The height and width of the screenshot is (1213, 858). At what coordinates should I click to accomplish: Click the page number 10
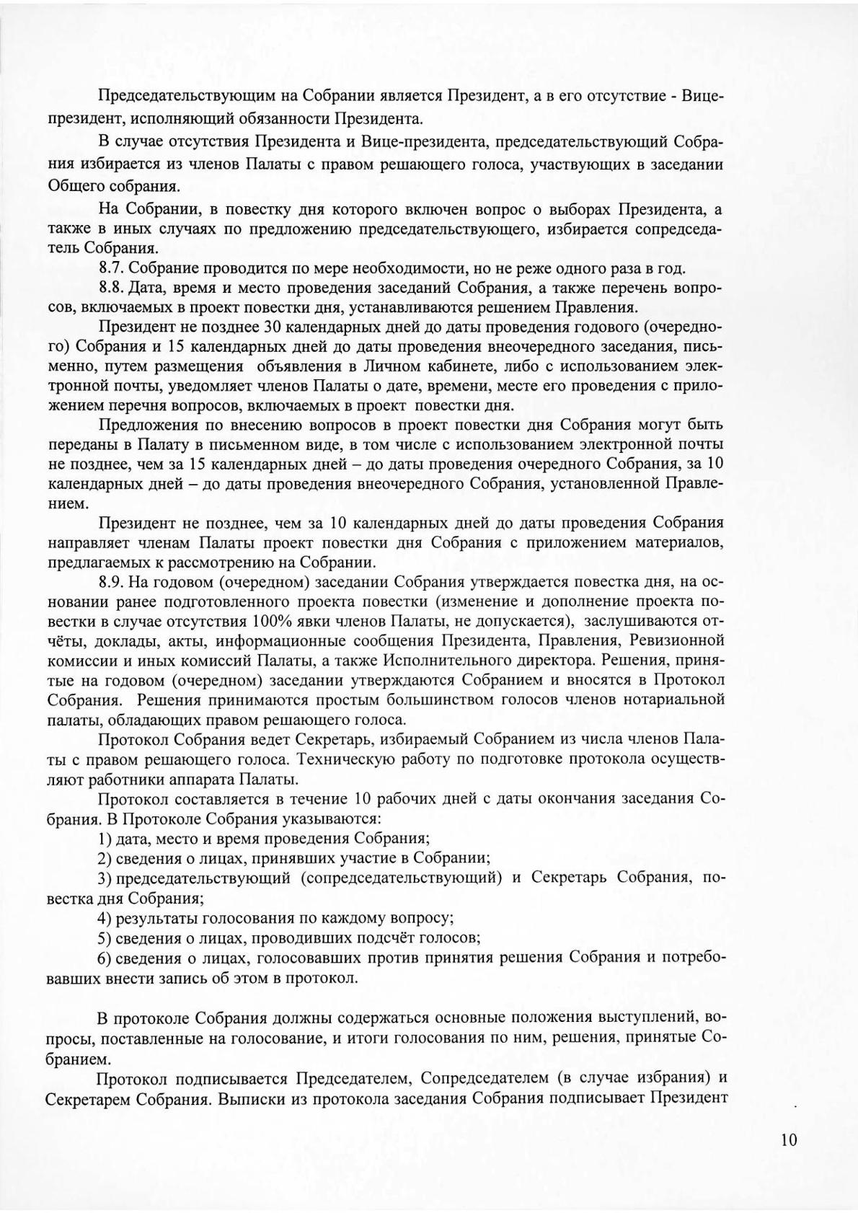[x=789, y=1139]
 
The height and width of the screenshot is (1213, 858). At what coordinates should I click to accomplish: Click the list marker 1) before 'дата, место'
[x=105, y=838]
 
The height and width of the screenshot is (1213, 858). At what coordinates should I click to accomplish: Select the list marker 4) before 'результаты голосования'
[x=105, y=918]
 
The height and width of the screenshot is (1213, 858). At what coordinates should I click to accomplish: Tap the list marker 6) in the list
[x=105, y=957]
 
